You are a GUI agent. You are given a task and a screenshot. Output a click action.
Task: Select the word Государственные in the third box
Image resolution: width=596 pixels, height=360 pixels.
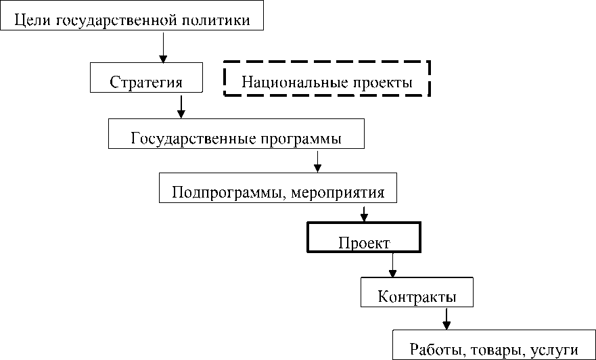coord(192,139)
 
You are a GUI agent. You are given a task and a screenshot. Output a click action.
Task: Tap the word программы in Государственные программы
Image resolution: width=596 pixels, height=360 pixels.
coord(299,139)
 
